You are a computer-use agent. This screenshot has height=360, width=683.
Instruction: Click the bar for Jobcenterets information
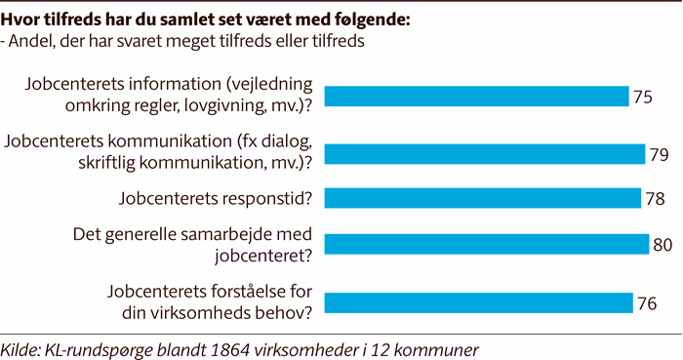[x=476, y=97]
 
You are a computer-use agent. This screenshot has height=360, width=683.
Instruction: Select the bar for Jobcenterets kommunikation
[x=484, y=154]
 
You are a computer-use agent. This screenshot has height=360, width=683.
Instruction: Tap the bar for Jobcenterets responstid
[x=482, y=198]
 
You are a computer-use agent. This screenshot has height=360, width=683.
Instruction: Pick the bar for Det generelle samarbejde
[x=486, y=243]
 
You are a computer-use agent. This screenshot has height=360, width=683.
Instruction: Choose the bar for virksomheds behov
[x=478, y=301]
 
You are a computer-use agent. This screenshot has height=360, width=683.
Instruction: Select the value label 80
[x=663, y=243]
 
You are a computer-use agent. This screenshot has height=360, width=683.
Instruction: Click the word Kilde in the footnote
[x=24, y=348]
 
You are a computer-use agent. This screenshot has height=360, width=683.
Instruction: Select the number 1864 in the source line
[x=241, y=348]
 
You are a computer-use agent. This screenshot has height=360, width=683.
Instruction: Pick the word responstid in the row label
[x=266, y=199]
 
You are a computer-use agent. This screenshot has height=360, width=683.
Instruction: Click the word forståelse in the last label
[x=233, y=291]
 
